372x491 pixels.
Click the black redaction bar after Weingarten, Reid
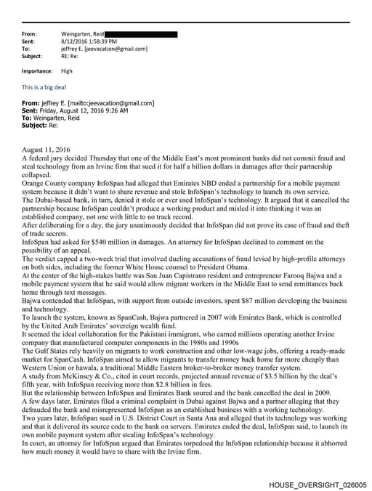coord(141,34)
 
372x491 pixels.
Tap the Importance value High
coord(67,71)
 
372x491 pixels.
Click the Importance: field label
coord(38,71)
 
